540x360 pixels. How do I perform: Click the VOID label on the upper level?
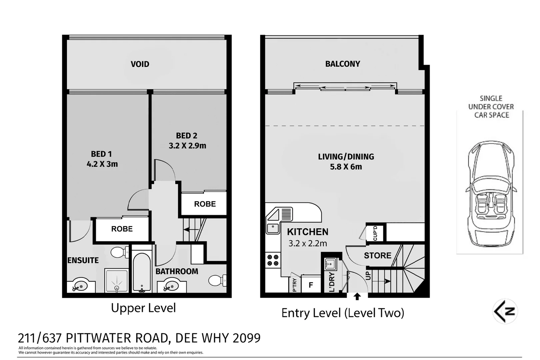[x=140, y=64]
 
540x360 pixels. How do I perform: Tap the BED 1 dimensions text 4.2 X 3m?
[x=102, y=164]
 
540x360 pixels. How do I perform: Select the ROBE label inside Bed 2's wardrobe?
[x=205, y=204]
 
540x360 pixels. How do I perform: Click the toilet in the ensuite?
[x=119, y=252]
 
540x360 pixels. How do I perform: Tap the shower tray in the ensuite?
[x=117, y=281]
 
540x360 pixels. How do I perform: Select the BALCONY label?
[x=342, y=64]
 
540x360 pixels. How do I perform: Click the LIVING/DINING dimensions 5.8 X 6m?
[x=346, y=167]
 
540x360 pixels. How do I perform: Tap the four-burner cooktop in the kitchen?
[x=273, y=260]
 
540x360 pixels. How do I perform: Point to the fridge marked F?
[x=311, y=285]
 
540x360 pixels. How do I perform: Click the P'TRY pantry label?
[x=294, y=285]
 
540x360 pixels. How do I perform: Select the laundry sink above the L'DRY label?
[x=330, y=264]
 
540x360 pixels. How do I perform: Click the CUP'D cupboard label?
[x=375, y=233]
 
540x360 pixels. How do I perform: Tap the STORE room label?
[x=377, y=256]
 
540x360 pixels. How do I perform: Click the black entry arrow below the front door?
[x=357, y=296]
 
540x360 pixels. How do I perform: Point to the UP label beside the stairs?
[x=368, y=276]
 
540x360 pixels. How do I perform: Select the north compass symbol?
[x=505, y=311]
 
